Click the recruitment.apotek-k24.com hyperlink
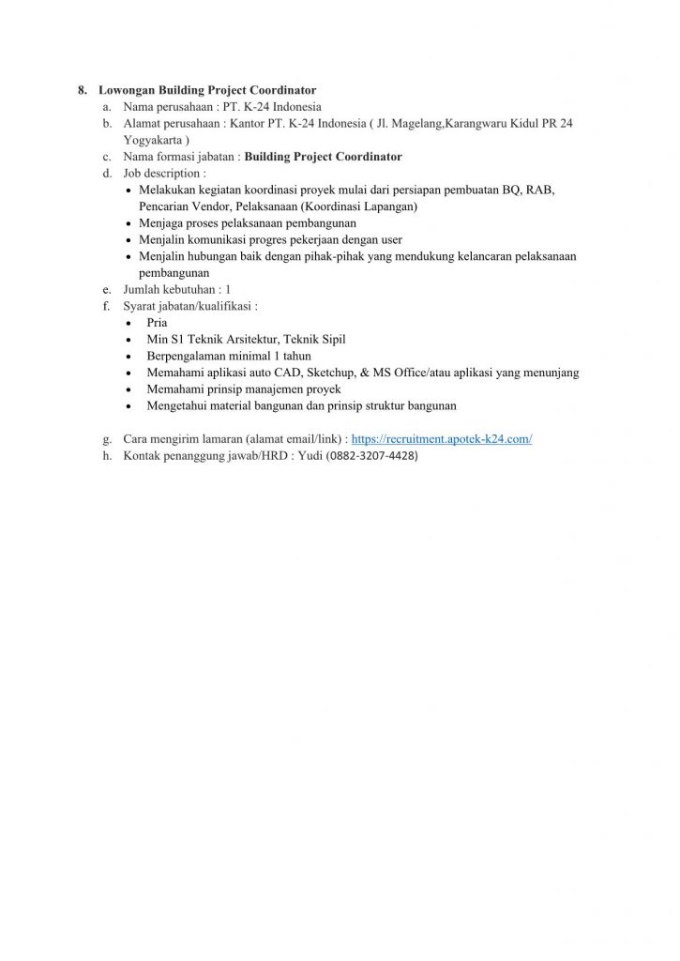441,438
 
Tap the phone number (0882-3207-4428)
372,456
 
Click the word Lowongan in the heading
127,90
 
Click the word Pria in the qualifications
158,322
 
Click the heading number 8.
83,90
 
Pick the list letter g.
107,438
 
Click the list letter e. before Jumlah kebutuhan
108,289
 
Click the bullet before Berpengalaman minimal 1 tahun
128,357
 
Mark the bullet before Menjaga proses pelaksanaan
128,223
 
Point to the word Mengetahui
179,406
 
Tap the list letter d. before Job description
108,174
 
